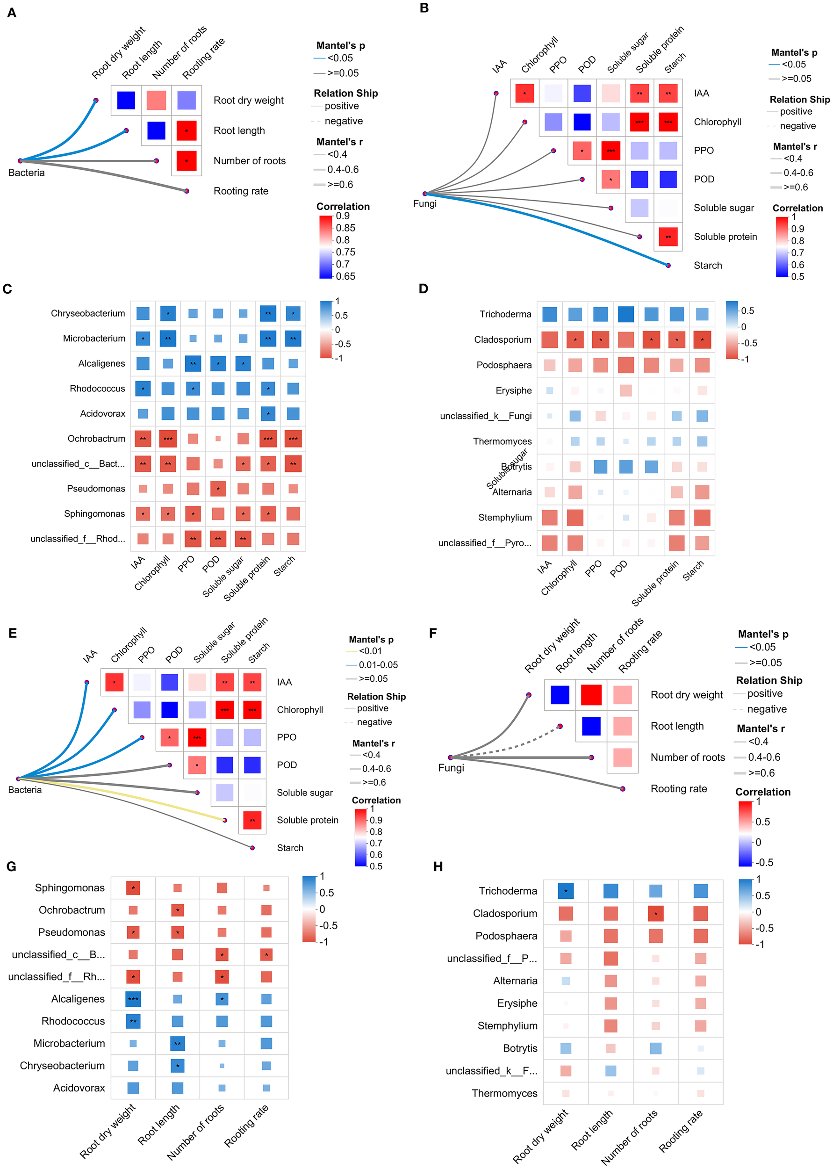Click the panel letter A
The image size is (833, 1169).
coord(11,13)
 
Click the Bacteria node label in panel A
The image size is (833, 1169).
coord(26,173)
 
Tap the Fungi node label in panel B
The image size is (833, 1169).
coord(425,203)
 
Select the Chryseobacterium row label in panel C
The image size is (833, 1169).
coord(88,313)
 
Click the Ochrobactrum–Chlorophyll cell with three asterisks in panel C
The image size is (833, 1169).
coord(168,439)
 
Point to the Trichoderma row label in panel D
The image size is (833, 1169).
coord(505,314)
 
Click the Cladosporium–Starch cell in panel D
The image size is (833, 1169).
coord(702,339)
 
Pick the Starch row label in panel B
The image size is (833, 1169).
coord(707,265)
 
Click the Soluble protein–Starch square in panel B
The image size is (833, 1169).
coord(668,237)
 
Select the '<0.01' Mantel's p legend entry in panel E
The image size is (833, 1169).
coord(370,651)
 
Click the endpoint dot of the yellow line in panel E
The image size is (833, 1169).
coord(225,820)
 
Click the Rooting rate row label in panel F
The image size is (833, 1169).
coord(678,788)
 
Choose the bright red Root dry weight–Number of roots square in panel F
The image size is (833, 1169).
coord(591,695)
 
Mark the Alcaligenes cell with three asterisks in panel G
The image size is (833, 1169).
coord(133,999)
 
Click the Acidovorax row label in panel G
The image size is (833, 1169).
coord(79,1088)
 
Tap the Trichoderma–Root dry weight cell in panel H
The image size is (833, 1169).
coord(565,891)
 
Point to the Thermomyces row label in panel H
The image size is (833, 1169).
coord(504,1093)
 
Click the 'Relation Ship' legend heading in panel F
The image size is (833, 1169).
coord(768,680)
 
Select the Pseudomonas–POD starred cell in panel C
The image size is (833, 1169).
coord(218,489)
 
